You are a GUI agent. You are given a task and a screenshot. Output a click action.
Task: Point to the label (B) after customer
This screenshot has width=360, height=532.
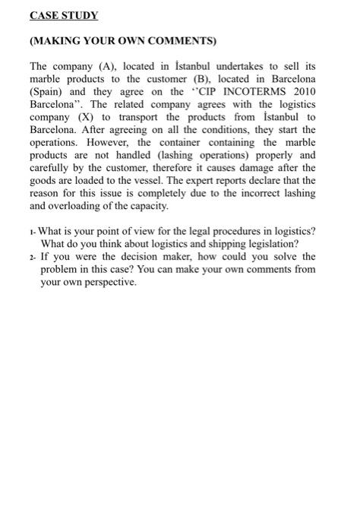219,78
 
